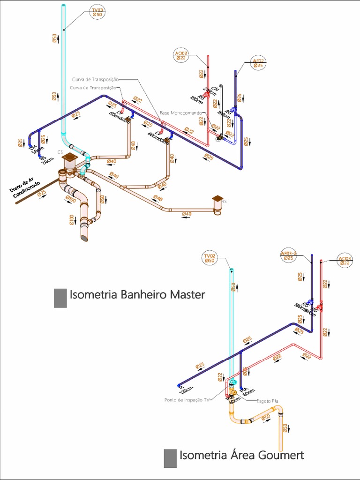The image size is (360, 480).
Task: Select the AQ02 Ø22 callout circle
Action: tap(181, 56)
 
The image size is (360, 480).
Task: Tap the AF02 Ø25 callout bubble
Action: tap(259, 63)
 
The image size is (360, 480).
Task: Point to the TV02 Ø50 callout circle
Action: tap(210, 258)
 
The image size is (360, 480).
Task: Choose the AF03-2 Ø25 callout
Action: tap(289, 255)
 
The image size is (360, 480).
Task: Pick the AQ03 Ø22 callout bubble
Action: tap(345, 261)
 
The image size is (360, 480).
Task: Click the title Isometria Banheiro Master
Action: tap(137, 295)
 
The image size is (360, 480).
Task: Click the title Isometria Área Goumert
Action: tap(242, 455)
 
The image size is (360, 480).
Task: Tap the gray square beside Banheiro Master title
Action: tap(60, 298)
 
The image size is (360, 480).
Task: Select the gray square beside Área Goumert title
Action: tap(170, 458)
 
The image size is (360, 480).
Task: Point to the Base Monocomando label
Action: tap(180, 113)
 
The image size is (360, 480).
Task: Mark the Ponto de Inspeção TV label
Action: tap(186, 400)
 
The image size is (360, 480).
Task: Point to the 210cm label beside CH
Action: tap(207, 93)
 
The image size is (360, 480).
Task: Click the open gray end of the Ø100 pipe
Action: tap(84, 238)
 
